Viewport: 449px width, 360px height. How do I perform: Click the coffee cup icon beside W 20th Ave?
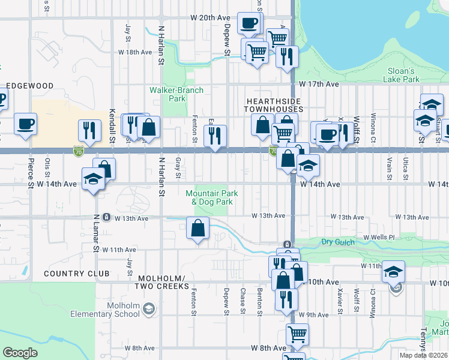[248, 24]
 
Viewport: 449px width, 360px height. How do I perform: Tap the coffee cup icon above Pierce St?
[25, 124]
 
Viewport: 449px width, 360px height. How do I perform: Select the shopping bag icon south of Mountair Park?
[197, 229]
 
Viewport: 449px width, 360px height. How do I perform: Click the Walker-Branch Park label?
[176, 94]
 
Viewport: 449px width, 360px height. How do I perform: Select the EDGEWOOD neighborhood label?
[30, 86]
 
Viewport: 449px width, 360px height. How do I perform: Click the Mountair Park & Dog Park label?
[211, 197]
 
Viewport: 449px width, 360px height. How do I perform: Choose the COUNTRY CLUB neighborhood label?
[77, 274]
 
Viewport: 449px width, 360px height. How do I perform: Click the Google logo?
[20, 353]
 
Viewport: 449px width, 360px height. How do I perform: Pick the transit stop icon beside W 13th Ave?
[106, 217]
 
